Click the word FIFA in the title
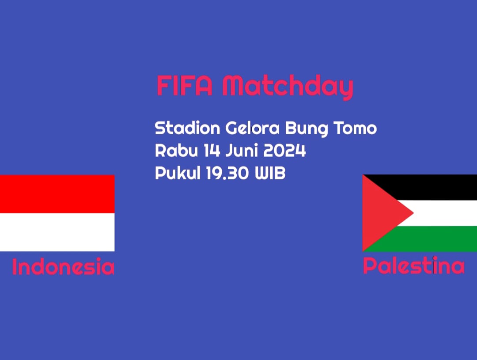point(184,86)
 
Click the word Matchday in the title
point(288,87)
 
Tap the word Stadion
point(187,128)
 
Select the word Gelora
point(252,128)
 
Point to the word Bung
point(307,129)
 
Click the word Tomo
point(355,128)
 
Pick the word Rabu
point(176,150)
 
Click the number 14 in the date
point(212,150)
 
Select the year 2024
point(284,150)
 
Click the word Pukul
point(178,173)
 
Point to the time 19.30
point(227,173)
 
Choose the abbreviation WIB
point(270,173)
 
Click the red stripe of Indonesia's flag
point(57,194)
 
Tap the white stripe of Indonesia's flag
point(57,232)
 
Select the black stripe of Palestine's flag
point(438,187)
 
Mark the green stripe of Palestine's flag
point(438,239)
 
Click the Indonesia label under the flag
point(63,266)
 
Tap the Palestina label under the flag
point(414,265)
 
